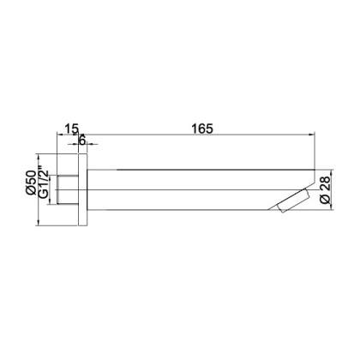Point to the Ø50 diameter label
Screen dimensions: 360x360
pyautogui.click(x=33, y=183)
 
